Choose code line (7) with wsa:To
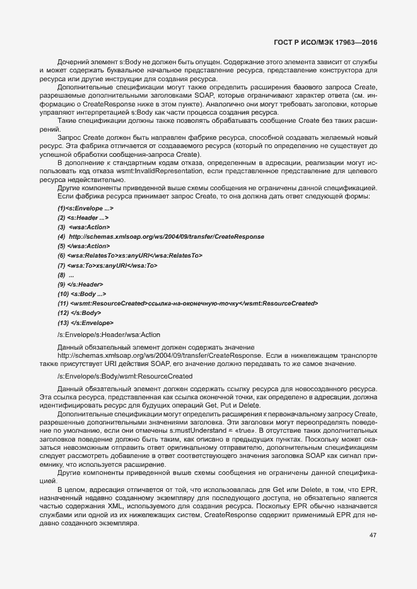point(108,265)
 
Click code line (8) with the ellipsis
point(66,275)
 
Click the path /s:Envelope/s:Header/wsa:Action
point(100,335)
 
